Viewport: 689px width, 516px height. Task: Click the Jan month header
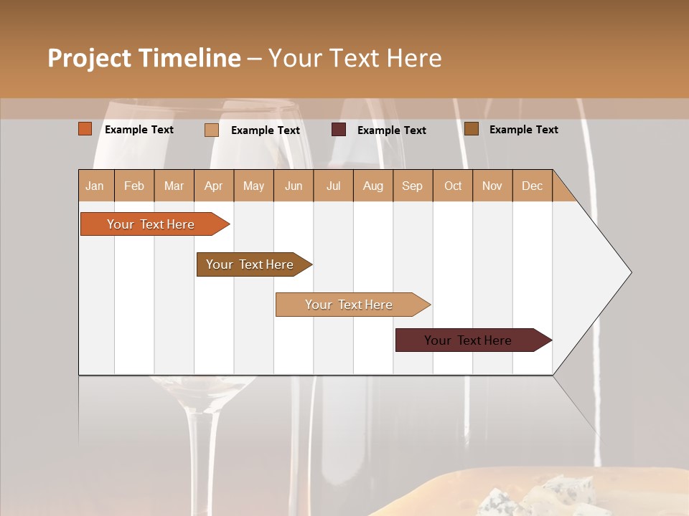point(95,186)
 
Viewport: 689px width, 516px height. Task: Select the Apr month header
point(213,186)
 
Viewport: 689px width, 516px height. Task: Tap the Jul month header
point(333,186)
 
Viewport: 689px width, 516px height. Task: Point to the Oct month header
point(452,186)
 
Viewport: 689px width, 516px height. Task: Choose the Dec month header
point(532,186)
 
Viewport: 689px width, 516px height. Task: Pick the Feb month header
point(134,186)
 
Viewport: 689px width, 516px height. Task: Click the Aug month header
point(372,186)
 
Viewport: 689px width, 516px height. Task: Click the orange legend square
point(85,129)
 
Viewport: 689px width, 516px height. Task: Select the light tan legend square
point(211,130)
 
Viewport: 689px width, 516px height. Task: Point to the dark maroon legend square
point(339,130)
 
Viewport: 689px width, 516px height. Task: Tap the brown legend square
point(471,129)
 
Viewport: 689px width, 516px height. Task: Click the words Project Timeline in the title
point(144,58)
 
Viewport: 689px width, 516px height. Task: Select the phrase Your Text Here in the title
point(355,58)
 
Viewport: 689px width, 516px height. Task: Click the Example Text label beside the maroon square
point(391,130)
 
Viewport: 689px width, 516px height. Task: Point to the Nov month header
point(492,186)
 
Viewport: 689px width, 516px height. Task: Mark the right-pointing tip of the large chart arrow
point(630,272)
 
